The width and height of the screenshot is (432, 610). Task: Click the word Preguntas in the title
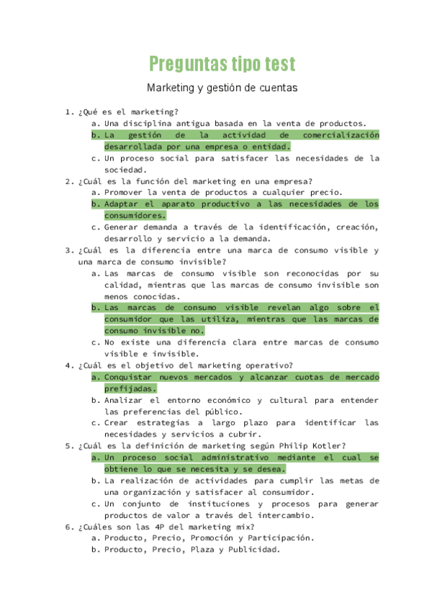pyautogui.click(x=183, y=64)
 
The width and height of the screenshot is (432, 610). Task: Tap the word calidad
pyautogui.click(x=122, y=284)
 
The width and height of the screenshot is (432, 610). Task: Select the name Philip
pyautogui.click(x=292, y=445)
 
